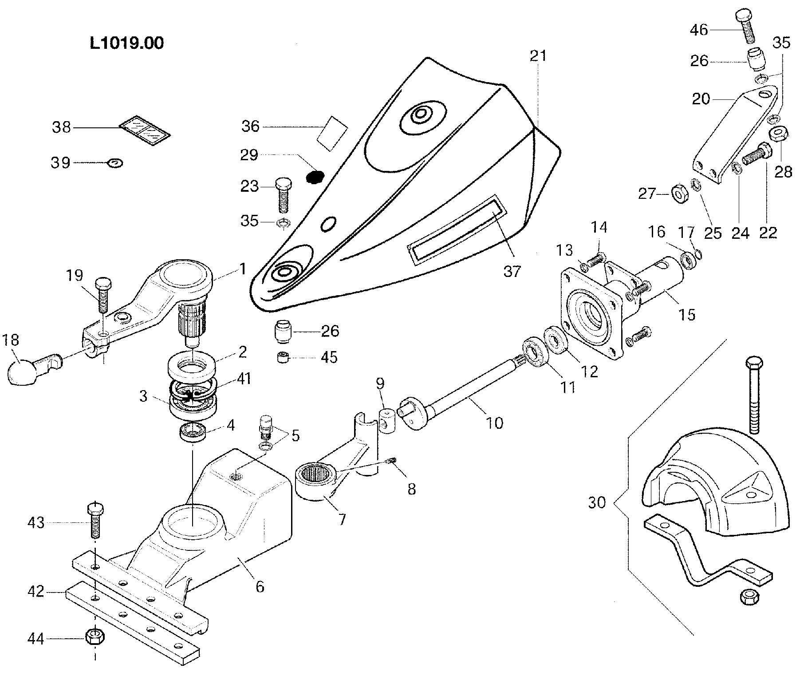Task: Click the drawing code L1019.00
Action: [126, 43]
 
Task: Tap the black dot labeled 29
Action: [315, 177]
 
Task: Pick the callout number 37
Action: [512, 270]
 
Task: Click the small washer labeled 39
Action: [114, 163]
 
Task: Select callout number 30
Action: [597, 502]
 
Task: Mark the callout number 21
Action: [538, 56]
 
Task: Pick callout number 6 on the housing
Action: [260, 586]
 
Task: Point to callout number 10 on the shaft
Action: [494, 423]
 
